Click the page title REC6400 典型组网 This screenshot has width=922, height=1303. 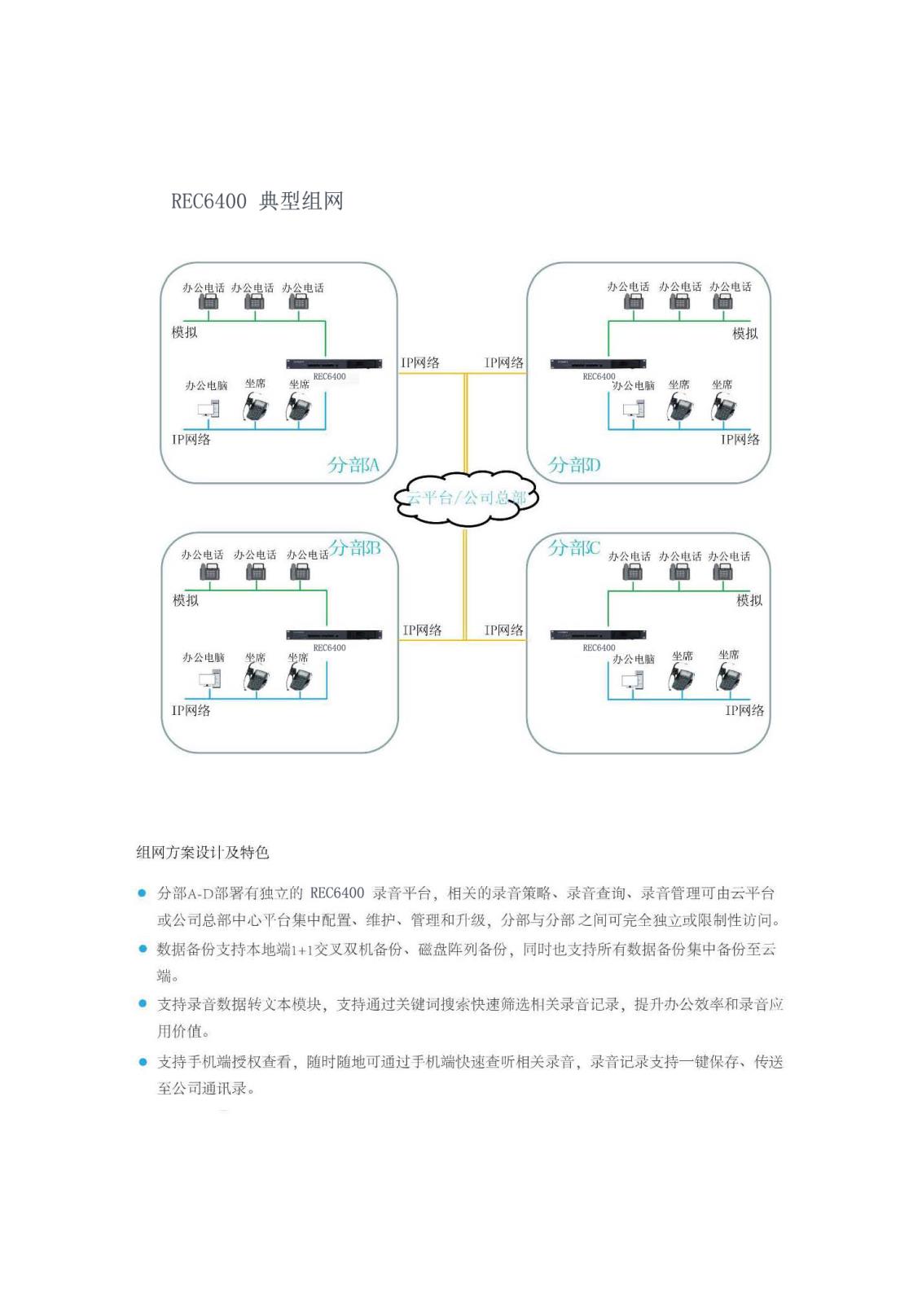click(257, 201)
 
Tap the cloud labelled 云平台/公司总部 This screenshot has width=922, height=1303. click(467, 498)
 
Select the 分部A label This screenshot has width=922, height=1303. click(353, 465)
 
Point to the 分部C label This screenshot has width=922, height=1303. click(573, 547)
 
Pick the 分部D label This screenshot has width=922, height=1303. click(573, 465)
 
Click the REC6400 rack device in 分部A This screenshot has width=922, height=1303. click(334, 363)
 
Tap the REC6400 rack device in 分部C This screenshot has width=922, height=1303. click(598, 635)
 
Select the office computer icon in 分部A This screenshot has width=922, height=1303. click(209, 409)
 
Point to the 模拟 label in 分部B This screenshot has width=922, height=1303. click(186, 600)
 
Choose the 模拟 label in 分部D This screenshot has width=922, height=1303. click(744, 333)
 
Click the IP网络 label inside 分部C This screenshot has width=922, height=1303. click(744, 710)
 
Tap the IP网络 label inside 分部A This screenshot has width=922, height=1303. click(191, 440)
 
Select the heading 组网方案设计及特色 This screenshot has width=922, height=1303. click(202, 853)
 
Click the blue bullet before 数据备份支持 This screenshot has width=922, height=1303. click(143, 949)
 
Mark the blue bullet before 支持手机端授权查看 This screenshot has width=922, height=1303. click(143, 1061)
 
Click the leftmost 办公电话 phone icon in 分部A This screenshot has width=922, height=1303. click(209, 302)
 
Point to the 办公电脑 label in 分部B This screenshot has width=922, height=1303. click(203, 657)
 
